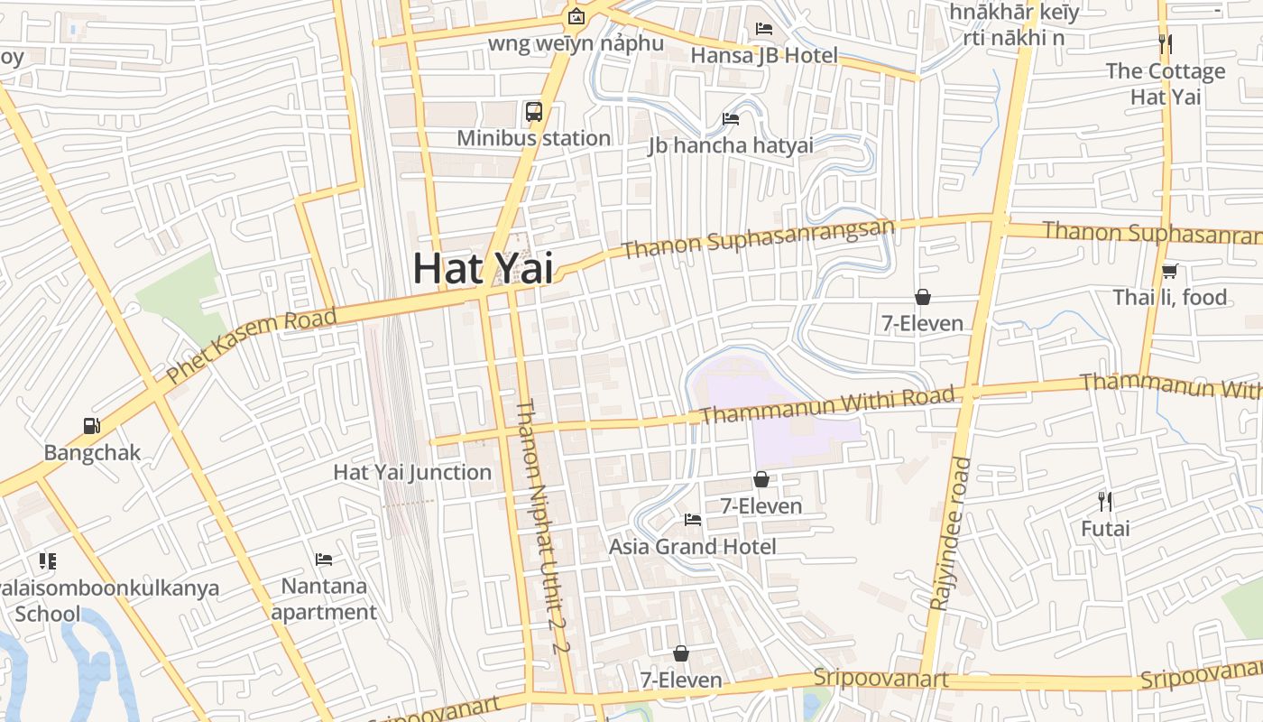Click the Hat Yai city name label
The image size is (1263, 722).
483,268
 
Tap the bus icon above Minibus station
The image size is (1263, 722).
534,112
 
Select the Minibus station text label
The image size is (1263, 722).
534,138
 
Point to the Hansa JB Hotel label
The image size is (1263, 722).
764,55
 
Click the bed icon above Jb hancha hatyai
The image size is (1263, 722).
731,119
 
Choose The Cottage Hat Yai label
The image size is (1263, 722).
1166,84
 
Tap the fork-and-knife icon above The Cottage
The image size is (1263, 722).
1166,43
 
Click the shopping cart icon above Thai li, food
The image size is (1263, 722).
1170,271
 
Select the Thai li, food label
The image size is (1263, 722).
1170,297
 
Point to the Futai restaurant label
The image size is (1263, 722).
1105,528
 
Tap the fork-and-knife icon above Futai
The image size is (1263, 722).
1105,501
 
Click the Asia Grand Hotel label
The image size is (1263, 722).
693,546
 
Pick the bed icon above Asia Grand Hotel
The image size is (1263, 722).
693,519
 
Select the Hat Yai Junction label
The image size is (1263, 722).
412,472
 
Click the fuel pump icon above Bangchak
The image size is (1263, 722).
92,425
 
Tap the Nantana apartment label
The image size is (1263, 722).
324,598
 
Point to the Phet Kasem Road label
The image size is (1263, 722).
252,344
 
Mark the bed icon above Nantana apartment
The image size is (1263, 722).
324,560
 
